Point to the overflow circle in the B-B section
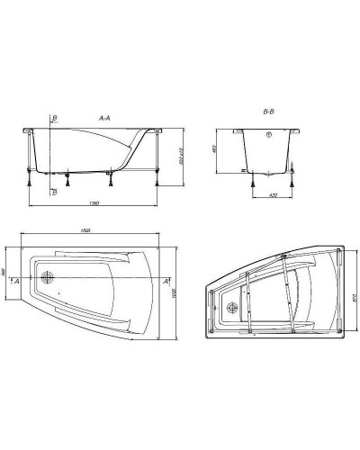267,137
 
